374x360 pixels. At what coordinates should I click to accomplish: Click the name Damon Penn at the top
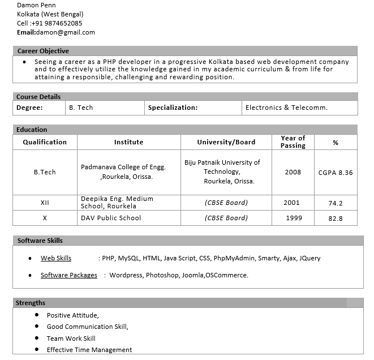tap(36, 5)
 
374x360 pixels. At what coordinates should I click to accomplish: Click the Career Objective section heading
tap(43, 51)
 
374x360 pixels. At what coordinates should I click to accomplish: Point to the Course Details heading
tap(38, 97)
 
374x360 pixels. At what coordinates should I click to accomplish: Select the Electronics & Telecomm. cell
tap(286, 108)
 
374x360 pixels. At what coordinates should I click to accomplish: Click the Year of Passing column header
tap(293, 142)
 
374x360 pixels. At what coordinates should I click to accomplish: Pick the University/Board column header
tap(226, 142)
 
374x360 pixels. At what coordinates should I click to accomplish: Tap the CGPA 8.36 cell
tap(336, 172)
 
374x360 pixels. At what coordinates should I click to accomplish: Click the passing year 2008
tap(293, 172)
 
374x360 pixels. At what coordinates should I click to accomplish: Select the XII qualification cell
tap(45, 203)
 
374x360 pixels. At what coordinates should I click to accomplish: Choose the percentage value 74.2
tap(336, 203)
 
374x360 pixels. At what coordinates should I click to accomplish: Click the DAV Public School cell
tap(111, 218)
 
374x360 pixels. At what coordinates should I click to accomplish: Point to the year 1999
tap(293, 218)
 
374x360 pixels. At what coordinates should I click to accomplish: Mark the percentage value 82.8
tap(336, 218)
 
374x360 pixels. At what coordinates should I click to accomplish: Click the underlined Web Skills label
tap(56, 258)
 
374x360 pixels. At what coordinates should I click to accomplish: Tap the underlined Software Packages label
tap(68, 275)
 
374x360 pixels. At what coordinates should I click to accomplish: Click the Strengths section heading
tap(31, 303)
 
